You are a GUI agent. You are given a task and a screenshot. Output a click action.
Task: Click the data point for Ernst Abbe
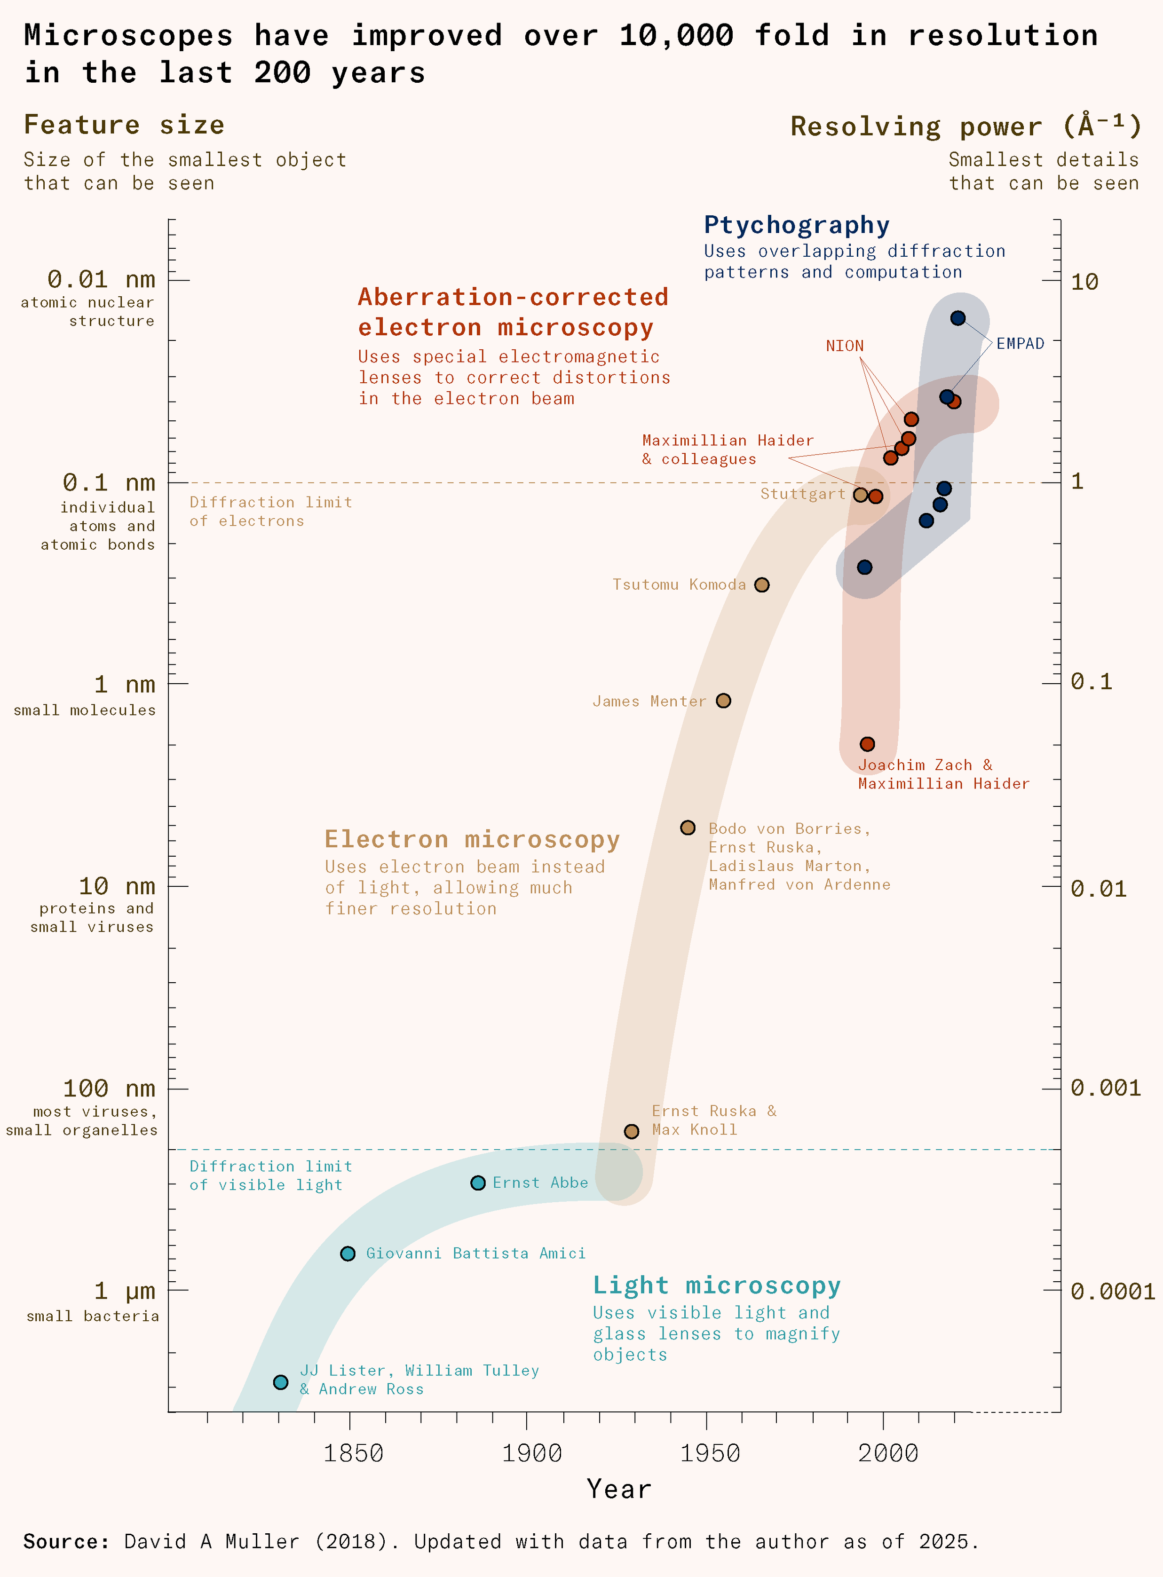478,1183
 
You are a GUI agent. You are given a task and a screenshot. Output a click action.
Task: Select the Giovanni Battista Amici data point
348,1254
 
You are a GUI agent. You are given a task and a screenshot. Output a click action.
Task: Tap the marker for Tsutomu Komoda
762,585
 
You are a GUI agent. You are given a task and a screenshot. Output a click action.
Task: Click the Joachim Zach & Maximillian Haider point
867,744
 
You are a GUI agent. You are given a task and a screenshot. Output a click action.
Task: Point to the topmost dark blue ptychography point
957,318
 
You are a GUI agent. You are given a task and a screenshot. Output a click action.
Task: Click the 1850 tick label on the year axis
353,1454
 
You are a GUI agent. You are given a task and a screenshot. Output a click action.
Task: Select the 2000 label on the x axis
888,1454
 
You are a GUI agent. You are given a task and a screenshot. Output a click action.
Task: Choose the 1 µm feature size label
125,1291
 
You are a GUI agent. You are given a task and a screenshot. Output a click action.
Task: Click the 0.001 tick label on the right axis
1105,1088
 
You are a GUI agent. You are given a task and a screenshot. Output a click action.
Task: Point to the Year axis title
619,1490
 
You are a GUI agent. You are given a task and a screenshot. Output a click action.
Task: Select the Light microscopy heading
717,1285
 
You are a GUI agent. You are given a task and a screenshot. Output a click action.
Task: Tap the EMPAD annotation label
1020,343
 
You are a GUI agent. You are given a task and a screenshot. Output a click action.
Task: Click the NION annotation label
845,346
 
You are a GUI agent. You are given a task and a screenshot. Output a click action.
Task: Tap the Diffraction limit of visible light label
270,1176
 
